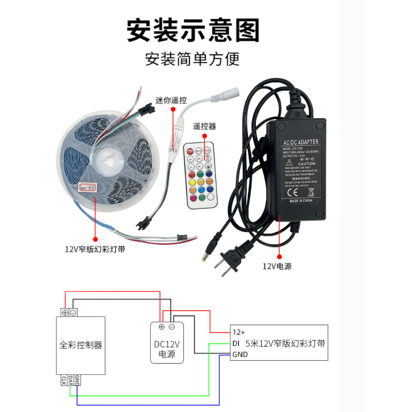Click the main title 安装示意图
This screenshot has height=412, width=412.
click(193, 30)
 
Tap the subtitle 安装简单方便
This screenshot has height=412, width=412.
click(193, 59)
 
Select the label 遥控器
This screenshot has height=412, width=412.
click(204, 127)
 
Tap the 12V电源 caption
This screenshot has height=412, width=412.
click(277, 266)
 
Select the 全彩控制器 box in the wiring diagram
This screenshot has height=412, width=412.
click(81, 345)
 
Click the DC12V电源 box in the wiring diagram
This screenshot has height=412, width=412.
click(167, 349)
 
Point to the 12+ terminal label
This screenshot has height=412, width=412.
click(239, 332)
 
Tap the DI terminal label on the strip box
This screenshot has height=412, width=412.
click(235, 343)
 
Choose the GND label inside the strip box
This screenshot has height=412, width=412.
click(240, 354)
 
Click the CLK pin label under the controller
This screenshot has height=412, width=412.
click(64, 380)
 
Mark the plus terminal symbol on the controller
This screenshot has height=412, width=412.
click(65, 312)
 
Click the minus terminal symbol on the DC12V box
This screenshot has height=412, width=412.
click(172, 327)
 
